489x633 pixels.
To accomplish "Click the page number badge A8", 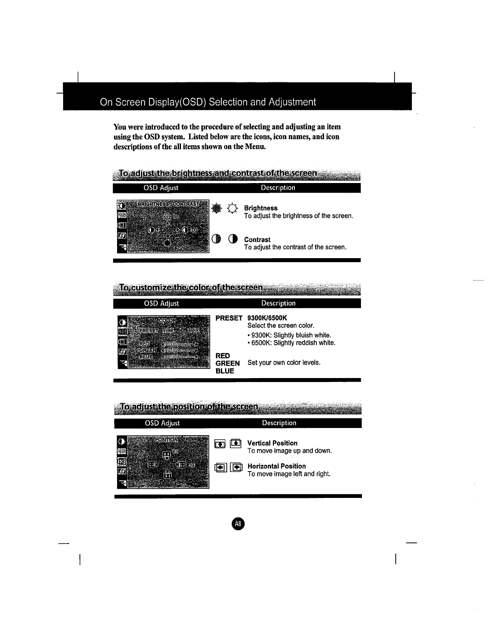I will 238,524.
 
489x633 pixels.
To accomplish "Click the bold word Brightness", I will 260,208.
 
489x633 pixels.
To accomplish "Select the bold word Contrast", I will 257,240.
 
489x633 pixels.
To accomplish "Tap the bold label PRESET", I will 229,318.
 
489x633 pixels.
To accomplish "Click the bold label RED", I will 223,356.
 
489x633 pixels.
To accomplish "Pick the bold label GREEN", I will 227,363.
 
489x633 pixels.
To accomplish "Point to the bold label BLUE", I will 225,371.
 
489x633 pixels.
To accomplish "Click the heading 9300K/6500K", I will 267,318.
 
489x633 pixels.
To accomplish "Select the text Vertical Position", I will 272,443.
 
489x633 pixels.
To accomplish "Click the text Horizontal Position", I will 276,466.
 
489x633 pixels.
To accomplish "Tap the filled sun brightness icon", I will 216,209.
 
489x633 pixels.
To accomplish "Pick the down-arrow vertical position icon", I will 220,444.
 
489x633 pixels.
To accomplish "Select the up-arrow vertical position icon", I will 236,443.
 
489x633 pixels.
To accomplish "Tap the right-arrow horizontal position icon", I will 237,467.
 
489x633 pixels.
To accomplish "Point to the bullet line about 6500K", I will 291,343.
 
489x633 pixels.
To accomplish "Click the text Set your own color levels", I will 284,363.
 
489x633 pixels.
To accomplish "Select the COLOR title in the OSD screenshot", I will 167,320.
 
